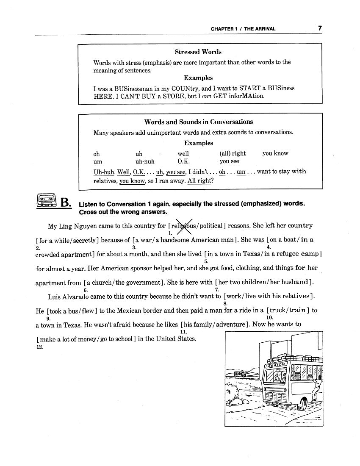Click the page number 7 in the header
pos(320,28)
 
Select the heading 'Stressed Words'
pos(198,52)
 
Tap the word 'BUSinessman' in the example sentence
pos(128,89)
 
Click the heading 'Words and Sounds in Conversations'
pos(198,122)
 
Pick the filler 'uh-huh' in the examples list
pos(145,161)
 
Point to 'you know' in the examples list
pos(275,153)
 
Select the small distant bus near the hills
pos(240,374)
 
